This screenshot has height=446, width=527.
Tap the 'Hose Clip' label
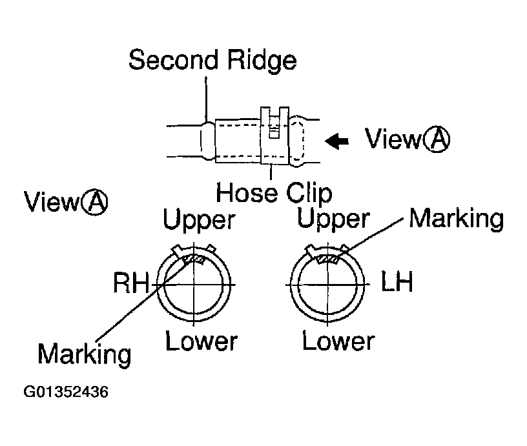(x=274, y=192)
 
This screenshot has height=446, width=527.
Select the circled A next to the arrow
(x=436, y=139)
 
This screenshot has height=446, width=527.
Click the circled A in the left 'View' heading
(x=94, y=203)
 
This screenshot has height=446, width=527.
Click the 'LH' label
(x=397, y=284)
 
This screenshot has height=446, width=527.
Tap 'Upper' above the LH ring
(x=333, y=219)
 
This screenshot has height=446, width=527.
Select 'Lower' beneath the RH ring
(x=201, y=341)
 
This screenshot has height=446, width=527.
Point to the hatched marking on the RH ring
(x=193, y=259)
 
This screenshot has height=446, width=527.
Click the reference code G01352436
(x=67, y=392)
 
